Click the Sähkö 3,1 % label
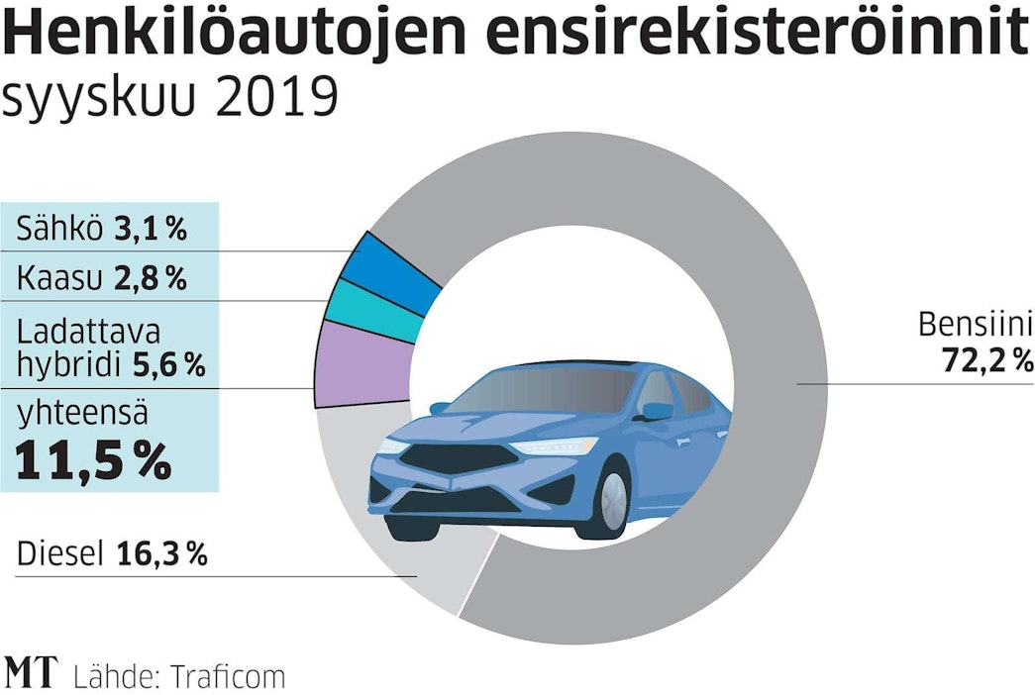102,231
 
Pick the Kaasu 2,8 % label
102,279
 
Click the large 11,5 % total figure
93,462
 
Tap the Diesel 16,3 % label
112,554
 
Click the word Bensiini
976,325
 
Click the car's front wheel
611,499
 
